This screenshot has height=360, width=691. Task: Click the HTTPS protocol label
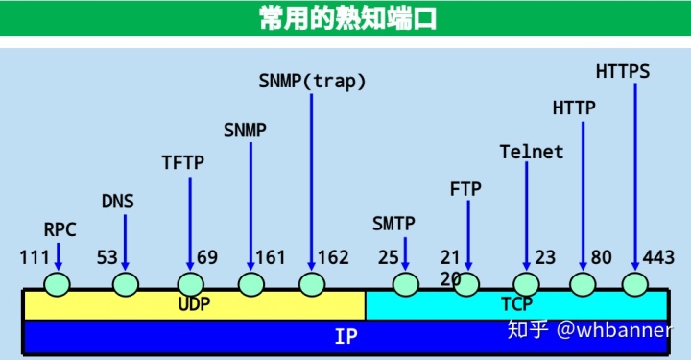[622, 71]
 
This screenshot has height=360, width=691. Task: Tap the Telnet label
[532, 152]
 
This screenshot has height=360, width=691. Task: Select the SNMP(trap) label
[313, 82]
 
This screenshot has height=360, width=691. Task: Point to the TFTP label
[182, 162]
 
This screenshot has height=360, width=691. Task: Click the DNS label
[118, 202]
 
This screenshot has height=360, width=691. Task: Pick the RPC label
[60, 229]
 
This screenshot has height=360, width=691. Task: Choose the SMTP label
[393, 224]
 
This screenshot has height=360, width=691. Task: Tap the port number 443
[658, 257]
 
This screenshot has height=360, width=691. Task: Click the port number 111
[34, 257]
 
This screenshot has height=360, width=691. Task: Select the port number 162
[333, 257]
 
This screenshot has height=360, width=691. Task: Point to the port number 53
[107, 257]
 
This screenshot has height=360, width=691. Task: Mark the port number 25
[388, 257]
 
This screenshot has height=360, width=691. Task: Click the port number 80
[602, 257]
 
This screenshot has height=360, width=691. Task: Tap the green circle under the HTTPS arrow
[634, 284]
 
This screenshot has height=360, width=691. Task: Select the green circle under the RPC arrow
[58, 284]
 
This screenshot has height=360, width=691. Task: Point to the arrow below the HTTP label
[583, 192]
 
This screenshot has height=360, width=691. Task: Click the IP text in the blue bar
[345, 337]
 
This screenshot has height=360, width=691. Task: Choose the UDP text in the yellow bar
[194, 304]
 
